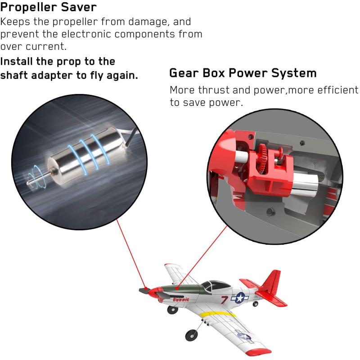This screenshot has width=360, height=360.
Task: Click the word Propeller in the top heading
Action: pyautogui.click(x=28, y=8)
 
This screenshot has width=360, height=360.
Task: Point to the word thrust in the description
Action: pyautogui.click(x=214, y=90)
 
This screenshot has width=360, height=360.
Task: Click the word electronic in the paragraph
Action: pyautogui.click(x=86, y=34)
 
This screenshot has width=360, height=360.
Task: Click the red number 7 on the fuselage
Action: pyautogui.click(x=225, y=300)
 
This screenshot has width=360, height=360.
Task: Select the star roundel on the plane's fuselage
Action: pyautogui.click(x=240, y=298)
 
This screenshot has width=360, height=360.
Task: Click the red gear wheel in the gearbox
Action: pyautogui.click(x=263, y=159)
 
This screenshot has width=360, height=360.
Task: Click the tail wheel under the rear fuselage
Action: pyautogui.click(x=255, y=304)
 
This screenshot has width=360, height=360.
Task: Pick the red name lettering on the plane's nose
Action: pyautogui.click(x=181, y=299)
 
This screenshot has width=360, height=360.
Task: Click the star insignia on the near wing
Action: pyautogui.click(x=243, y=336)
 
